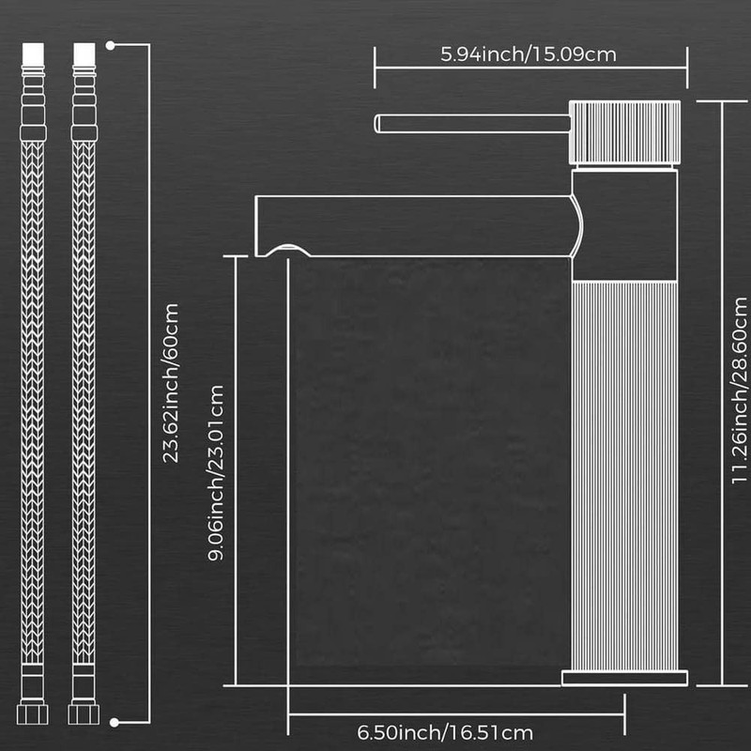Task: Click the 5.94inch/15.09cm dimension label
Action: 529,54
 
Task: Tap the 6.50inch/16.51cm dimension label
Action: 445,733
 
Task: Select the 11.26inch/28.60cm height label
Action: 739,391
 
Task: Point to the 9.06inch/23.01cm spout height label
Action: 216,473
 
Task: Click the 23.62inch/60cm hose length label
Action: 171,383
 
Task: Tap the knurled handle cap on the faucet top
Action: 624,132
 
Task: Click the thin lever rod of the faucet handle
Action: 472,124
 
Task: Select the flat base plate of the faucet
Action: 624,678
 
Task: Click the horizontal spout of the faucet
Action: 417,226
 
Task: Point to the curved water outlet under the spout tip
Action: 288,249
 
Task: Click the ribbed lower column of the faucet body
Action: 624,476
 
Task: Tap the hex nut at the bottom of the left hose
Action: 33,714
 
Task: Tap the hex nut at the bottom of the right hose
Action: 84,714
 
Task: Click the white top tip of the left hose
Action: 33,54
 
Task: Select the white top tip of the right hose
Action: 84,54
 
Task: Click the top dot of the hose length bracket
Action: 110,45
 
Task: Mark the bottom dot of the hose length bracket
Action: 114,722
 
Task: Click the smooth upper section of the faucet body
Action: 624,225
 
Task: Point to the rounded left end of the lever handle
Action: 377,124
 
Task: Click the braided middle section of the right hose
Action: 84,403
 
